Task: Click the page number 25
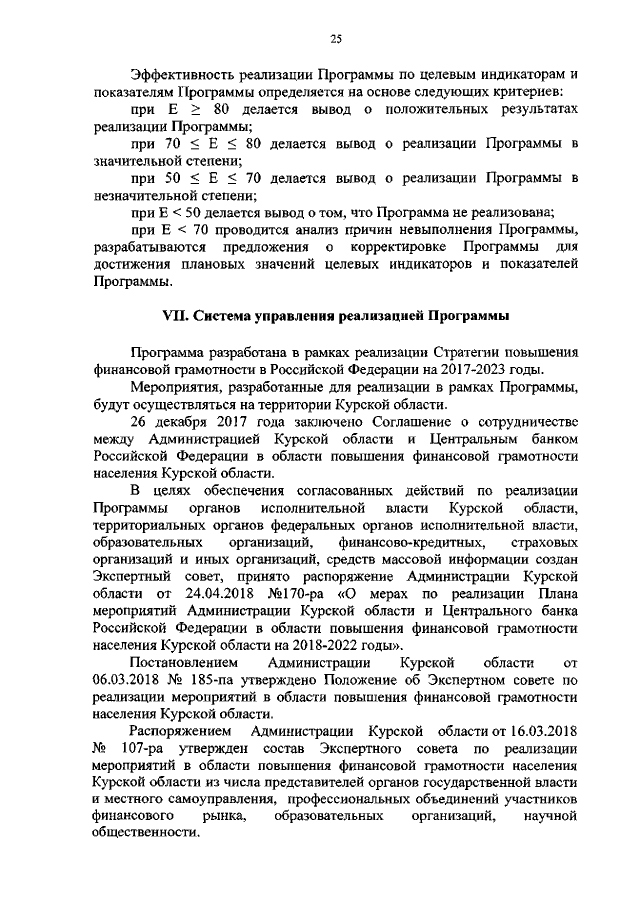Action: click(x=336, y=38)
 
